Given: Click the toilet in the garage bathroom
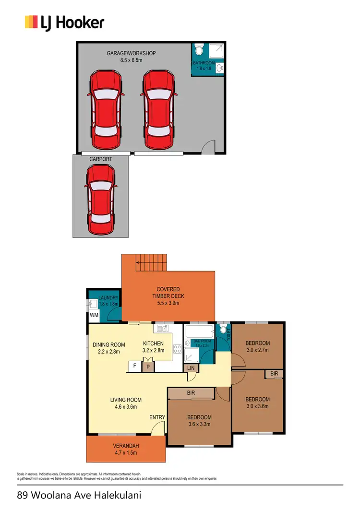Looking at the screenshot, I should [199, 49].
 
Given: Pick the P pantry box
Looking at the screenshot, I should [148, 367].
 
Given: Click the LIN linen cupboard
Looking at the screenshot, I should [191, 367].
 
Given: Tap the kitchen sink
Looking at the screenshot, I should [162, 329].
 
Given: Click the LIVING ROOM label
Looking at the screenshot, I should [126, 403].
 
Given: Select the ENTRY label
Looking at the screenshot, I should [157, 417].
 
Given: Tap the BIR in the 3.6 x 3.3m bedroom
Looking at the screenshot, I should [191, 392].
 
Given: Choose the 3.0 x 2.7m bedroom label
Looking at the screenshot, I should [258, 346].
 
